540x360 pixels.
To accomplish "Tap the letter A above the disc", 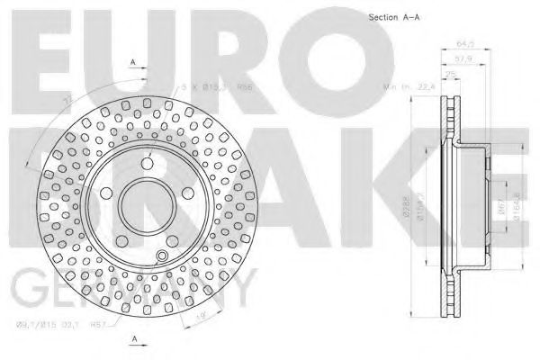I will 133,61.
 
